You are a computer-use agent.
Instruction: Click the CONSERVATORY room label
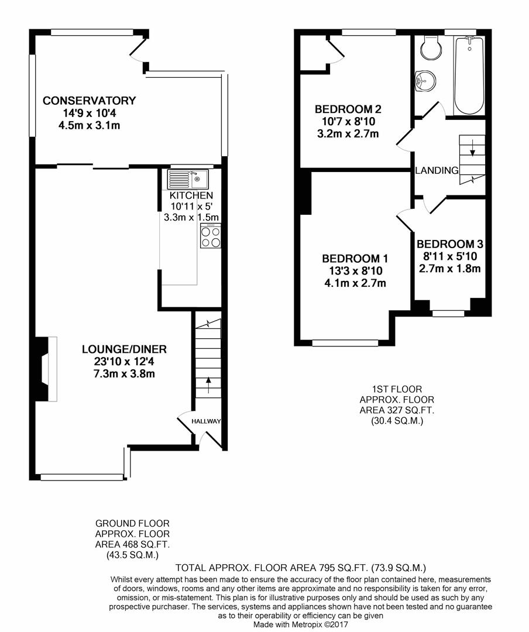(x=89, y=101)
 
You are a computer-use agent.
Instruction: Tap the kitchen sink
(x=188, y=179)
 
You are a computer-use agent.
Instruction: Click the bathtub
(x=469, y=75)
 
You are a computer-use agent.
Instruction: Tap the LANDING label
(x=437, y=170)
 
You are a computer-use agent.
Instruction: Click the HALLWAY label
(x=206, y=421)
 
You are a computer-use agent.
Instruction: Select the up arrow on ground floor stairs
(x=208, y=385)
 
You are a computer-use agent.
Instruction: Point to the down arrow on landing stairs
(x=472, y=147)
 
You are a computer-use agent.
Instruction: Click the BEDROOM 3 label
(x=450, y=244)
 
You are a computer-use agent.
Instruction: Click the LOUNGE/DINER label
(x=124, y=349)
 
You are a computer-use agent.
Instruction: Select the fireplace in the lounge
(x=46, y=369)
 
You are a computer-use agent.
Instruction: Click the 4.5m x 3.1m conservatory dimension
(x=89, y=125)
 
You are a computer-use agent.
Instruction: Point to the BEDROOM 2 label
(x=348, y=109)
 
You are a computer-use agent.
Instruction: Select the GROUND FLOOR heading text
(x=132, y=524)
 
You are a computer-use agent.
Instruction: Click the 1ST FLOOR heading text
(x=397, y=389)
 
